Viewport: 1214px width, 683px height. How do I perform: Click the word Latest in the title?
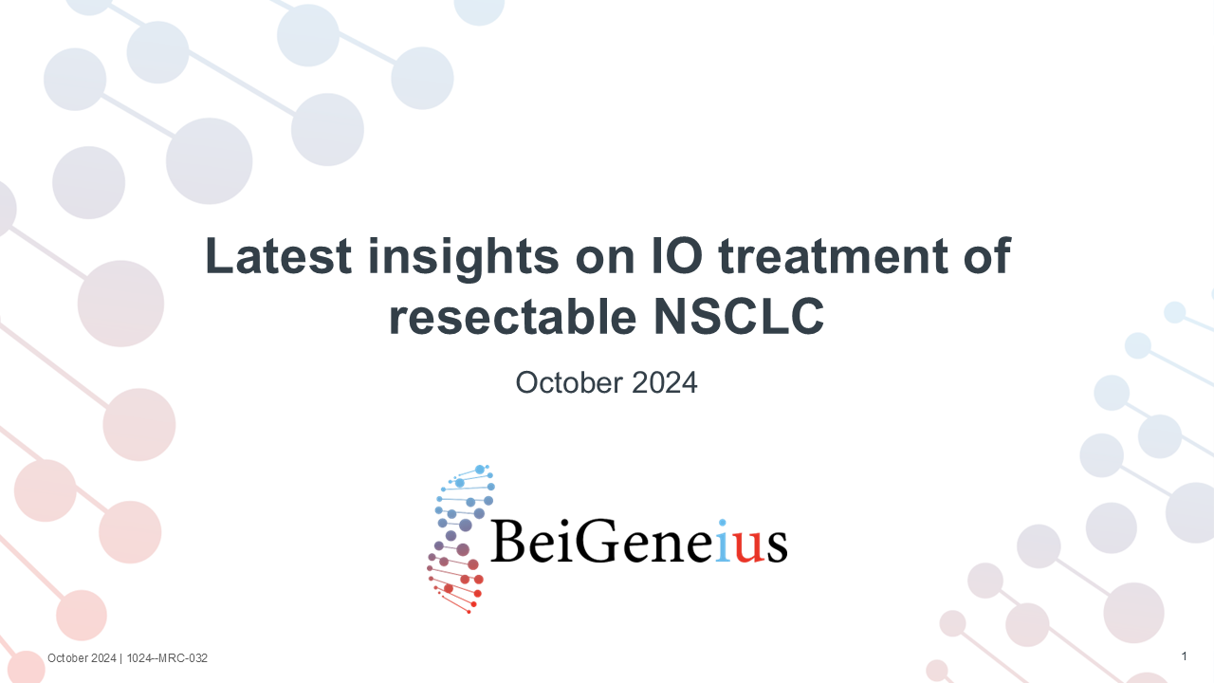(279, 256)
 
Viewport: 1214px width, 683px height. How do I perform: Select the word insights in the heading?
(464, 259)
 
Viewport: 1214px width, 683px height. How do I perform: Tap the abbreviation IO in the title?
(676, 255)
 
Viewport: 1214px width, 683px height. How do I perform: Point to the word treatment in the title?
(833, 256)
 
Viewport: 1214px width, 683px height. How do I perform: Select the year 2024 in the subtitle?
(665, 382)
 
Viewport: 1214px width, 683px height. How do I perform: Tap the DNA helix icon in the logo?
(461, 539)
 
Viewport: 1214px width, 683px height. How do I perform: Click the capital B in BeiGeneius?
(508, 541)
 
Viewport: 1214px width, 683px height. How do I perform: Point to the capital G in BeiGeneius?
(598, 541)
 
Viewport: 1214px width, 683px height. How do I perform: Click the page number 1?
(1185, 656)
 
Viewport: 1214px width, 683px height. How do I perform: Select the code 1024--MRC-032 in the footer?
(167, 658)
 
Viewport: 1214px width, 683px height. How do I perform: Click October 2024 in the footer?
(82, 658)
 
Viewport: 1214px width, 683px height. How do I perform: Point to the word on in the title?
(605, 260)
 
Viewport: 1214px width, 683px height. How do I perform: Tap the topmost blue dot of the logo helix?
(480, 470)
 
